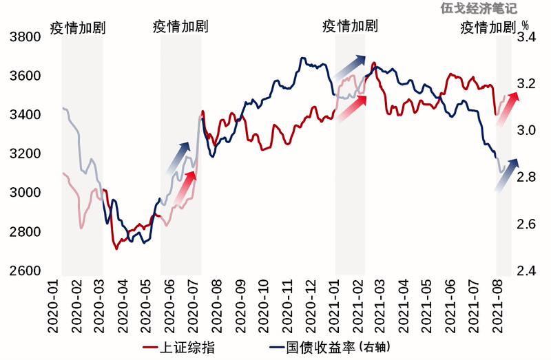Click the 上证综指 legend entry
pyautogui.click(x=183, y=346)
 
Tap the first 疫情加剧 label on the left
pyautogui.click(x=77, y=28)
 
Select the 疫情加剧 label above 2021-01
pyautogui.click(x=350, y=27)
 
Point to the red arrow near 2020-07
pyautogui.click(x=185, y=187)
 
